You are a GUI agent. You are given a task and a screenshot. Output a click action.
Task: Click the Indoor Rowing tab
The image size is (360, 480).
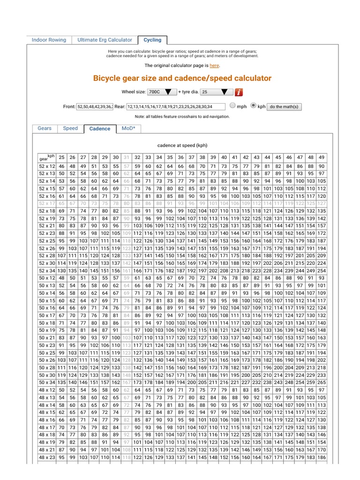(49, 40)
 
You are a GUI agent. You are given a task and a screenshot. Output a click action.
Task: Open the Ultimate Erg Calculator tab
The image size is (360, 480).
(105, 40)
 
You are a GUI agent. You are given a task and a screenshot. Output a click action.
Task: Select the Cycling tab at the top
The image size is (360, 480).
(152, 40)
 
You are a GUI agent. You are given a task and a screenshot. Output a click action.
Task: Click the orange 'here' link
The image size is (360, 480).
(214, 66)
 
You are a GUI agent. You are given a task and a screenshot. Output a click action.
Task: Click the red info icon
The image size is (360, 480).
(239, 92)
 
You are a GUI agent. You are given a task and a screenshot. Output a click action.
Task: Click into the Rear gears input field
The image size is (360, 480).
(177, 107)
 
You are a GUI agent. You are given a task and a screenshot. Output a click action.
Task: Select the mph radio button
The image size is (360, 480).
(233, 106)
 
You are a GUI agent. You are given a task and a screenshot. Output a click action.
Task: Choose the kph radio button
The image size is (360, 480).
(254, 106)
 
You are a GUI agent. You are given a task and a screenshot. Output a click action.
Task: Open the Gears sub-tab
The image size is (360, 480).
(45, 128)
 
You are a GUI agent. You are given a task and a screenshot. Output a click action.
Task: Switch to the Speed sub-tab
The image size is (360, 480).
(70, 128)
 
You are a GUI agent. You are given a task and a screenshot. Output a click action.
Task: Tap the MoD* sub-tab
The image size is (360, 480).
(128, 128)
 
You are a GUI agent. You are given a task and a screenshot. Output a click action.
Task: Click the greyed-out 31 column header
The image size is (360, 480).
(127, 157)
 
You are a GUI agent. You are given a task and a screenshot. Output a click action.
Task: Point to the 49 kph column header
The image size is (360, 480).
(322, 157)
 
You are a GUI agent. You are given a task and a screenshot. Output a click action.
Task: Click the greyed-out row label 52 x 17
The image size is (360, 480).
(47, 203)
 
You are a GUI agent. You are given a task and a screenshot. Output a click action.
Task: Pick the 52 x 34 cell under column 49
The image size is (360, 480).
(322, 271)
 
